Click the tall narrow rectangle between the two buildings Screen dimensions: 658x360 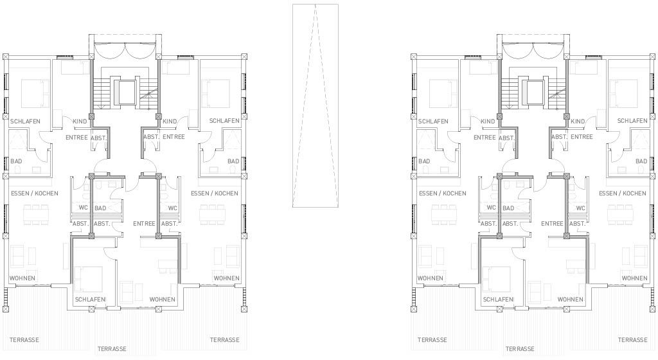(316, 105)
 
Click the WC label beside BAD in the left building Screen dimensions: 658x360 (84, 208)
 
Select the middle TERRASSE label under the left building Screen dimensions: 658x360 (112, 348)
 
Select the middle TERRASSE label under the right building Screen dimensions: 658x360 (520, 348)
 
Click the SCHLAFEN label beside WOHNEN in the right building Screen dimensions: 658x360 (498, 300)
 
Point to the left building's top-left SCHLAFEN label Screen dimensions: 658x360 (25, 122)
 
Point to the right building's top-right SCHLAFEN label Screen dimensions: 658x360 (632, 121)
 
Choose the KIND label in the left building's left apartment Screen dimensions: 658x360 (80, 122)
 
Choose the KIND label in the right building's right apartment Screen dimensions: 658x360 (578, 122)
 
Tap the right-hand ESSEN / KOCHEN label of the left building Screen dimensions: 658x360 (215, 194)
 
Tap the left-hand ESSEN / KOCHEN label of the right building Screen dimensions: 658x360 (443, 194)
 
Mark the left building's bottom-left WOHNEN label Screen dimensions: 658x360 (22, 278)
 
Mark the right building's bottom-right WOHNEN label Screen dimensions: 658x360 (634, 278)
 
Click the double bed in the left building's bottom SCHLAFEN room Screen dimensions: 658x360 (89, 280)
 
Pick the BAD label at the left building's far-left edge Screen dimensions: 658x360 (16, 161)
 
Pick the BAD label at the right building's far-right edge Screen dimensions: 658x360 (641, 161)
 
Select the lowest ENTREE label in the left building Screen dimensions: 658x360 (145, 224)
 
